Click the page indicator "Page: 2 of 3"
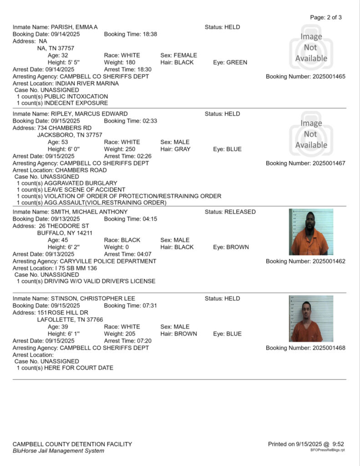click(x=325, y=17)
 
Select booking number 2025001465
click(x=305, y=76)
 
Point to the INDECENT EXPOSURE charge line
click(x=62, y=103)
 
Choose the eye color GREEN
click(x=237, y=62)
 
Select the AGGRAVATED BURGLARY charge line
click(x=67, y=183)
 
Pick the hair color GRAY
click(x=182, y=149)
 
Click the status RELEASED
click(x=240, y=212)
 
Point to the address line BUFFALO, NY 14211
click(x=65, y=233)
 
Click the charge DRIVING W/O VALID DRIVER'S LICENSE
click(x=86, y=281)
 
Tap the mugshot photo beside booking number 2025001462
click(x=311, y=232)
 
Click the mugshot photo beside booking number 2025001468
click(x=311, y=319)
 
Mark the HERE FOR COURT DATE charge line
click(x=65, y=368)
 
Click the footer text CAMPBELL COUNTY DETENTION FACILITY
click(x=72, y=444)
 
